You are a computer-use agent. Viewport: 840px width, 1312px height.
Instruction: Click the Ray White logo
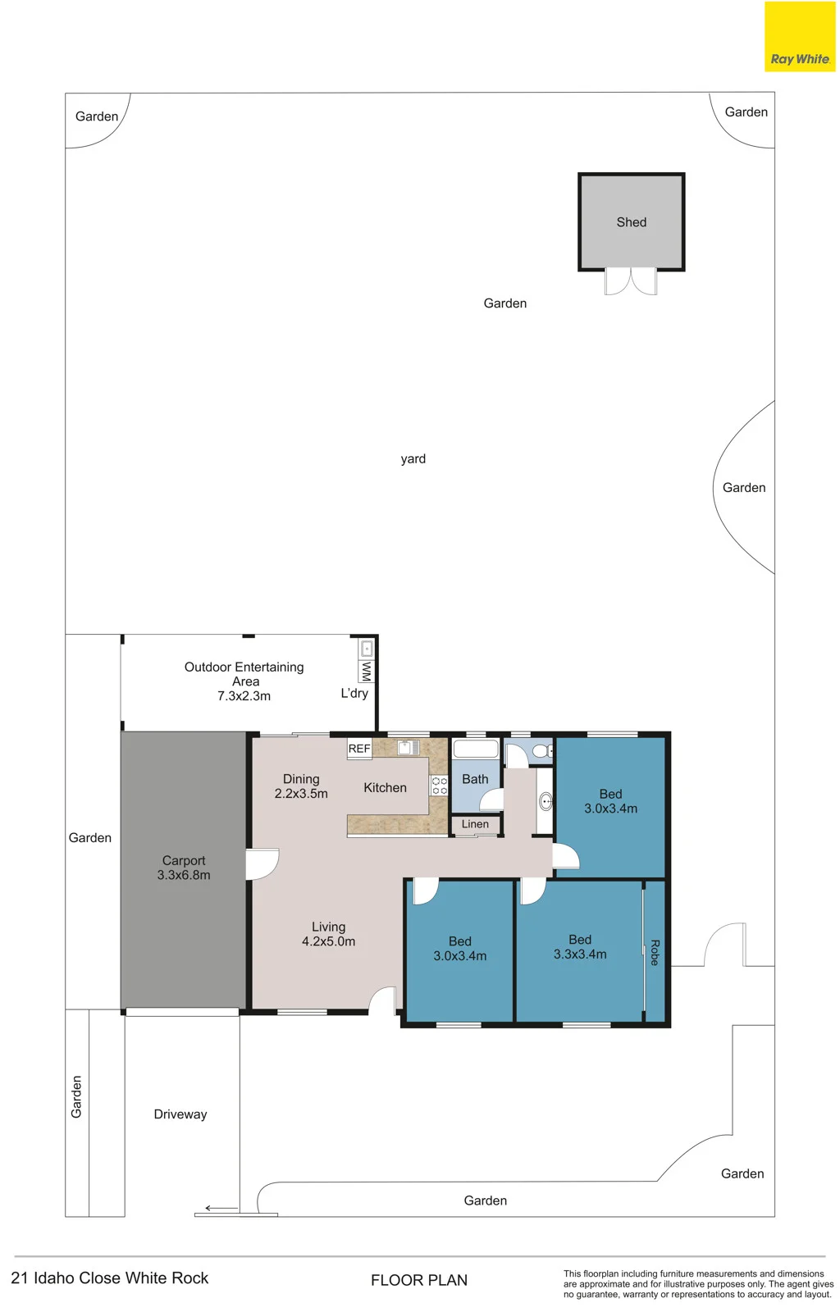(800, 36)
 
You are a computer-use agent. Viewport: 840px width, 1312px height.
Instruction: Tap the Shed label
(631, 222)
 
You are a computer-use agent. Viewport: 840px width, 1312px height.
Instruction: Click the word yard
(413, 459)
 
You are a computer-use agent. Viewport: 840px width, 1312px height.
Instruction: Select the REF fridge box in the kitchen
(359, 749)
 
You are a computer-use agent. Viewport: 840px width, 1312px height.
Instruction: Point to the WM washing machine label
(367, 672)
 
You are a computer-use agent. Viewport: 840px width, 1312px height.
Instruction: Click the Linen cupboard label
(475, 824)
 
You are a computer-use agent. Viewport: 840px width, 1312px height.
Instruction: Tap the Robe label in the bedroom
(655, 952)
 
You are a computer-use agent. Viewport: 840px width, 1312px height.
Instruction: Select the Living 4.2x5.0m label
(329, 934)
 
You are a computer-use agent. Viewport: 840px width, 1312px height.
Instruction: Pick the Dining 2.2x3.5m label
(301, 786)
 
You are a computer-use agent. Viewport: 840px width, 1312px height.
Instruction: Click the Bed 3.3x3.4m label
(580, 947)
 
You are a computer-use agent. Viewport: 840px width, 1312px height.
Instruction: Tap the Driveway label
(180, 1114)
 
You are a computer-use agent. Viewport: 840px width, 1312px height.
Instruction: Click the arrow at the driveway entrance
(221, 1208)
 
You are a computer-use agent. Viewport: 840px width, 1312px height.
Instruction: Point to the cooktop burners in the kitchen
(440, 786)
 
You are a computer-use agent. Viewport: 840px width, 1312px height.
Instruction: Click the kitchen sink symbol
(409, 747)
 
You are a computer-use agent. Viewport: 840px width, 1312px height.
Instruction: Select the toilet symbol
(542, 750)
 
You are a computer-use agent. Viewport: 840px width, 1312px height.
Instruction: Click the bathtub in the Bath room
(476, 749)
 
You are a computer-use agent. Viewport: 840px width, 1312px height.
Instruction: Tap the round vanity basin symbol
(546, 802)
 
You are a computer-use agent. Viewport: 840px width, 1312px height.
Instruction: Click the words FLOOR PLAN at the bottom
(419, 1280)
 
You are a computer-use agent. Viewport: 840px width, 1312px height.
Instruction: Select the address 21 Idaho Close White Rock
(110, 1278)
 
